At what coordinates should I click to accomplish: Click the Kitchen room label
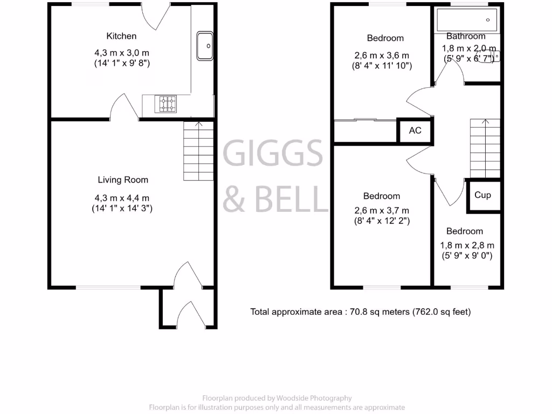(x=121, y=36)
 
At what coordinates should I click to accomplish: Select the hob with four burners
(x=166, y=103)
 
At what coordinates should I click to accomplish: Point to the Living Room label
(x=123, y=180)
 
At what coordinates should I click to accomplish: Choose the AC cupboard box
(x=415, y=131)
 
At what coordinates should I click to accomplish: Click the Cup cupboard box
(x=482, y=195)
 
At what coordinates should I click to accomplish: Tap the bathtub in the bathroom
(x=467, y=20)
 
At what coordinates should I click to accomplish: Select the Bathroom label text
(x=466, y=36)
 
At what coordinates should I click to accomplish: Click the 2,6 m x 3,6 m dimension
(x=382, y=56)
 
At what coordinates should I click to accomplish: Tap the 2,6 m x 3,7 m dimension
(x=382, y=210)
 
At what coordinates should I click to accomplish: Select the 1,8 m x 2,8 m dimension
(x=467, y=245)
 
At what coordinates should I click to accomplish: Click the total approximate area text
(x=360, y=312)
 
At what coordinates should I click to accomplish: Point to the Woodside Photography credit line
(x=277, y=398)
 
